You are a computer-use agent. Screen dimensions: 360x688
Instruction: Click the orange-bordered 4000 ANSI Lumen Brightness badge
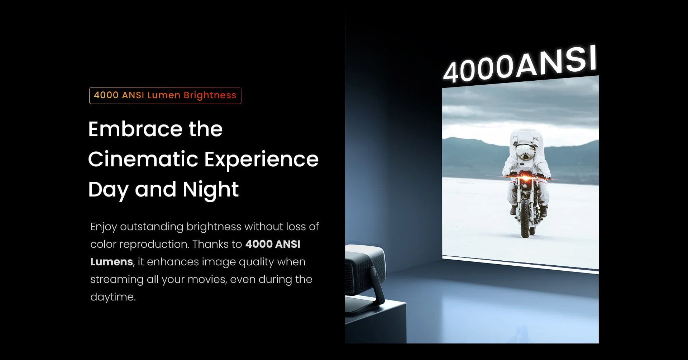point(165,96)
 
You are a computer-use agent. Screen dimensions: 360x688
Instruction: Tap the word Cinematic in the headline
point(143,159)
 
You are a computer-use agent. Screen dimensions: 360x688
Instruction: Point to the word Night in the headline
point(211,189)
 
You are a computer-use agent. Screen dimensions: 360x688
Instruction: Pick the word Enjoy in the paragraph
point(103,227)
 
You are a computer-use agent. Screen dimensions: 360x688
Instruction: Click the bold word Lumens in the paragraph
point(111,262)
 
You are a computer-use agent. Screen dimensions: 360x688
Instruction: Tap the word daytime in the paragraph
point(113,297)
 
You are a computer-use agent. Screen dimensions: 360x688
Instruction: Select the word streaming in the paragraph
point(116,279)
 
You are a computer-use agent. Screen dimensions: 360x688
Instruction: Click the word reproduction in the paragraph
point(153,244)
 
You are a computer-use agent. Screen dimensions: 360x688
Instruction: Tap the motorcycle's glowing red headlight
point(525,177)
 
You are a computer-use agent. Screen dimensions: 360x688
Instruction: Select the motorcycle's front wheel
point(525,219)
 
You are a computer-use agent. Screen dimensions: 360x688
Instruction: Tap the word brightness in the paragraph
point(214,227)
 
